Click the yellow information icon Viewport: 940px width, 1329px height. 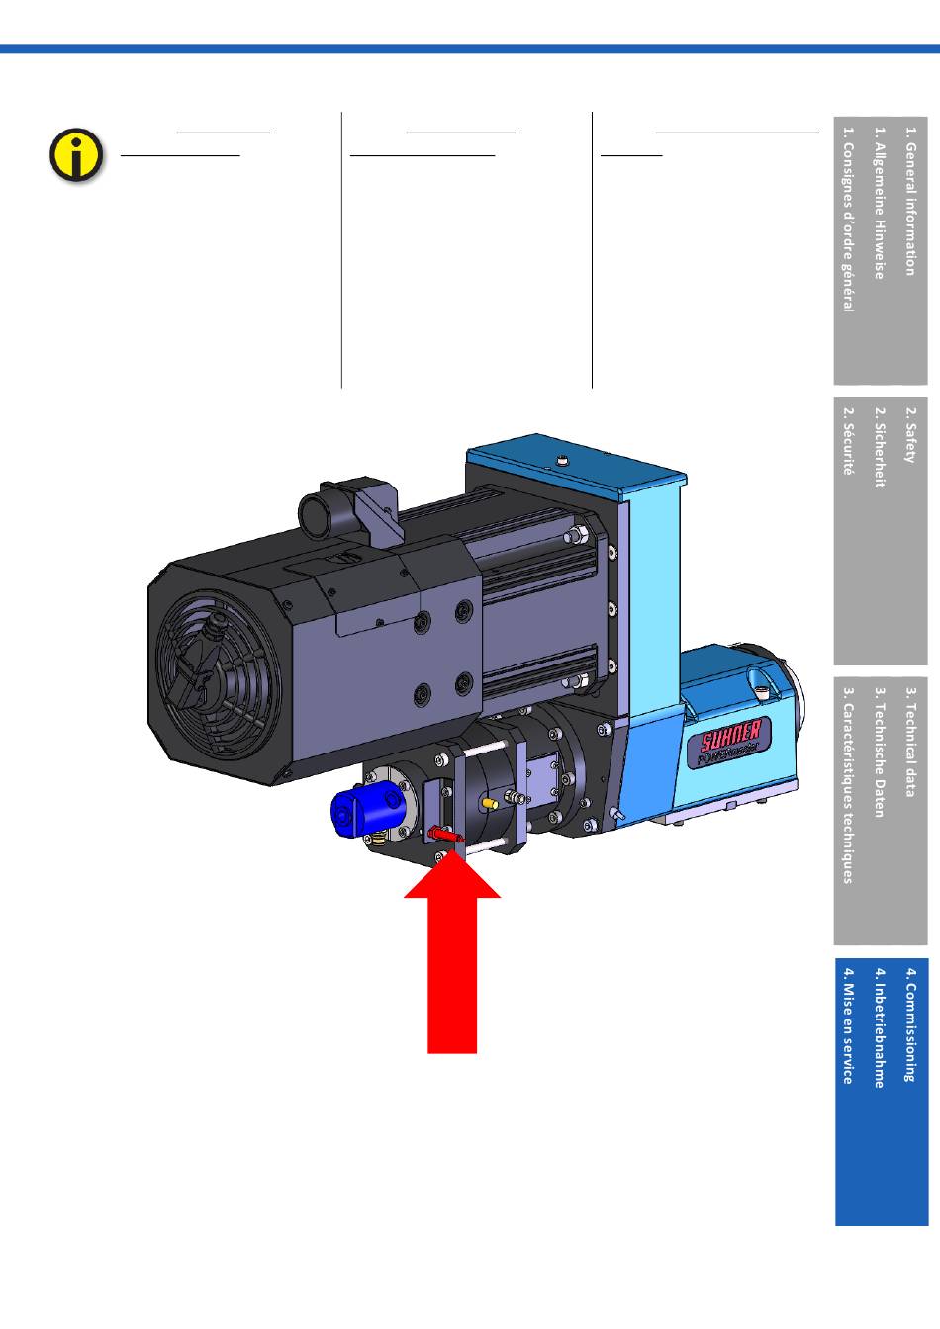tap(76, 155)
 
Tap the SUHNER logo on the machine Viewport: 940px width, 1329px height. tap(731, 738)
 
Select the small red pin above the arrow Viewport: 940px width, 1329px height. tap(446, 836)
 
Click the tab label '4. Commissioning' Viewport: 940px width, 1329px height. tap(911, 1033)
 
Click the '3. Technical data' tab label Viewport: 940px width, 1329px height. tap(911, 742)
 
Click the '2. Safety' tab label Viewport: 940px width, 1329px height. tap(911, 435)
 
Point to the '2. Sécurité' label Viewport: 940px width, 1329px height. tap(848, 440)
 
